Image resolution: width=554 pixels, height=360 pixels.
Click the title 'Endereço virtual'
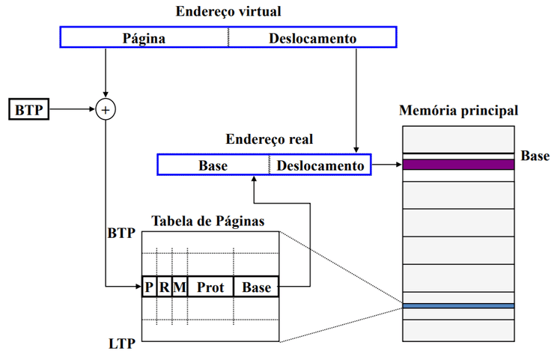[x=228, y=12]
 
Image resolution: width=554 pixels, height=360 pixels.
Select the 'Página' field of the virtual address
[x=144, y=37]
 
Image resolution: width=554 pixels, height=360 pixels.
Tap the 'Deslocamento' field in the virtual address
[x=312, y=37]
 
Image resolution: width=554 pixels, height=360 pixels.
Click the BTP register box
[x=28, y=110]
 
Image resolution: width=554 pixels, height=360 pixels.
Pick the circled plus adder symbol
[x=106, y=110]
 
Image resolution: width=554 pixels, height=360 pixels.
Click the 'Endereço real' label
[x=270, y=140]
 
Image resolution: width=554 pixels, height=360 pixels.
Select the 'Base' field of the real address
[x=213, y=165]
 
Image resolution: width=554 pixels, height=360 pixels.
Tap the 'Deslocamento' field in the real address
[x=320, y=165]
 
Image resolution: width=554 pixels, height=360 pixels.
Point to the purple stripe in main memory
[x=458, y=165]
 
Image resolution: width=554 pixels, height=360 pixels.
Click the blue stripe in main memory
[x=458, y=306]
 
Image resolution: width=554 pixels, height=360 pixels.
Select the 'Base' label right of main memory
[x=535, y=156]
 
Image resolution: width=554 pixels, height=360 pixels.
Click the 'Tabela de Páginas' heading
[x=207, y=222]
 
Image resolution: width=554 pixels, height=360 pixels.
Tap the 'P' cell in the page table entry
[x=149, y=287]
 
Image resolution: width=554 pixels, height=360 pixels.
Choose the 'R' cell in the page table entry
[x=164, y=287]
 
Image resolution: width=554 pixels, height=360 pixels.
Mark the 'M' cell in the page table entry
[x=179, y=287]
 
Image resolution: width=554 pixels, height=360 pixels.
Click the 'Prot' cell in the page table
[x=210, y=287]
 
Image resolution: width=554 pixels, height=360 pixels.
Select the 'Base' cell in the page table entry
[x=256, y=287]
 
